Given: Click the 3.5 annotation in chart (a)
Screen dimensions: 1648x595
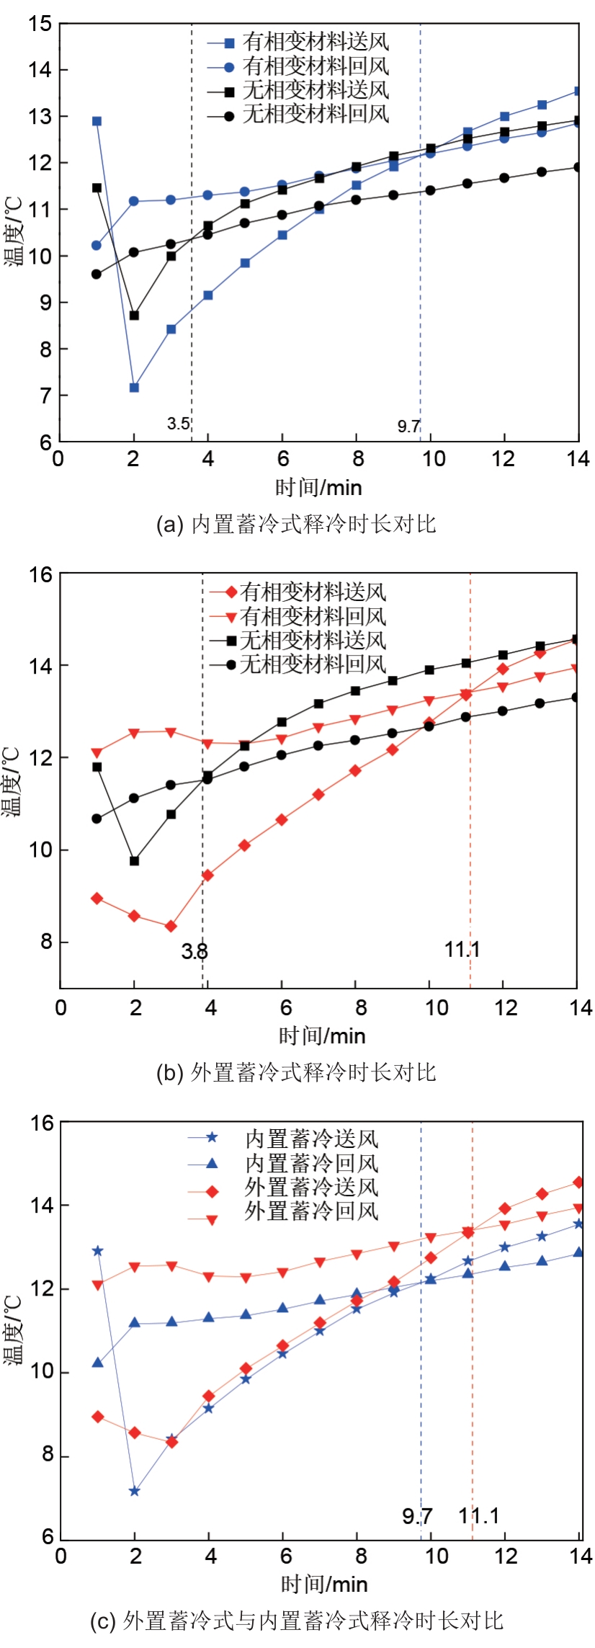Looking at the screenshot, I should tap(178, 423).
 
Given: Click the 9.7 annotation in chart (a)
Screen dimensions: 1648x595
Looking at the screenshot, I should tap(408, 426).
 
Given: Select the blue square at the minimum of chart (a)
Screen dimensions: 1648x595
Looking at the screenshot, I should tap(134, 388).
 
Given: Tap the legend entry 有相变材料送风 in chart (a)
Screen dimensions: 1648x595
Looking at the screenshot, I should tap(315, 43).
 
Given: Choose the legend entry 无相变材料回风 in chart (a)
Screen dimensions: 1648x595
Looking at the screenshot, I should tap(315, 114).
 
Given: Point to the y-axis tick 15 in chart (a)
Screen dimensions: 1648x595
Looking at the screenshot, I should tap(40, 24).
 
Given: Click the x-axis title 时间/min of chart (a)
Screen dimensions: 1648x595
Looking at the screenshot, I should tap(318, 488).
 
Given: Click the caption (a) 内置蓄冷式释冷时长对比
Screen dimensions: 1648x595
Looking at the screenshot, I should tap(296, 524).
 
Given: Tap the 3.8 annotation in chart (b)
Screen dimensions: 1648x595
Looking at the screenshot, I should tap(194, 951).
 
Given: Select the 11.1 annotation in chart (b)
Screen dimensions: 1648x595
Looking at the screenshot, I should tap(462, 949).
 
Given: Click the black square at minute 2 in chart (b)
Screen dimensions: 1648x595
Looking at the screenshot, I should tap(134, 860).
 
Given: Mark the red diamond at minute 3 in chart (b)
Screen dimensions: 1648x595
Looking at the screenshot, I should tap(171, 926).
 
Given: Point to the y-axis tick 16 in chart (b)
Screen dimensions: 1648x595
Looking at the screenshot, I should tap(40, 574).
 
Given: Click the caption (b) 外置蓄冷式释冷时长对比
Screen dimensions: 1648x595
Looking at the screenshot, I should tap(296, 1072).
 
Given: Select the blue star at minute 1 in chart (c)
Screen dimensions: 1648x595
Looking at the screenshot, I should tap(97, 1251).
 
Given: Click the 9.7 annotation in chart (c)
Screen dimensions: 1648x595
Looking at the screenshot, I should tap(417, 1515).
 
